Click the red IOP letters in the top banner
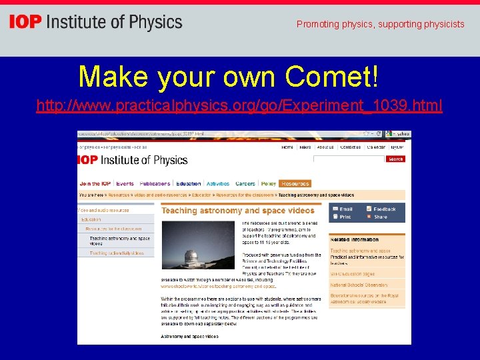(x=25, y=22)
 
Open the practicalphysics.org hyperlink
(x=239, y=106)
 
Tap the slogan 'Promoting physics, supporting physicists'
(x=380, y=25)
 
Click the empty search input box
(x=349, y=159)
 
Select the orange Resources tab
(x=295, y=183)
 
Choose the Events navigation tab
(x=125, y=183)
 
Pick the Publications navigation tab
(x=155, y=183)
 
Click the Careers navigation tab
(x=245, y=183)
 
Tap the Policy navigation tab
(x=268, y=183)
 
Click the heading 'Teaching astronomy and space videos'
(x=238, y=211)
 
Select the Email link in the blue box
(x=345, y=209)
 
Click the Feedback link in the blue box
(x=384, y=209)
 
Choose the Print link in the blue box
(x=345, y=217)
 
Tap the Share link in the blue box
(x=380, y=217)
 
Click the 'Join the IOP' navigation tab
(x=95, y=183)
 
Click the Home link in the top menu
(x=287, y=147)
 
